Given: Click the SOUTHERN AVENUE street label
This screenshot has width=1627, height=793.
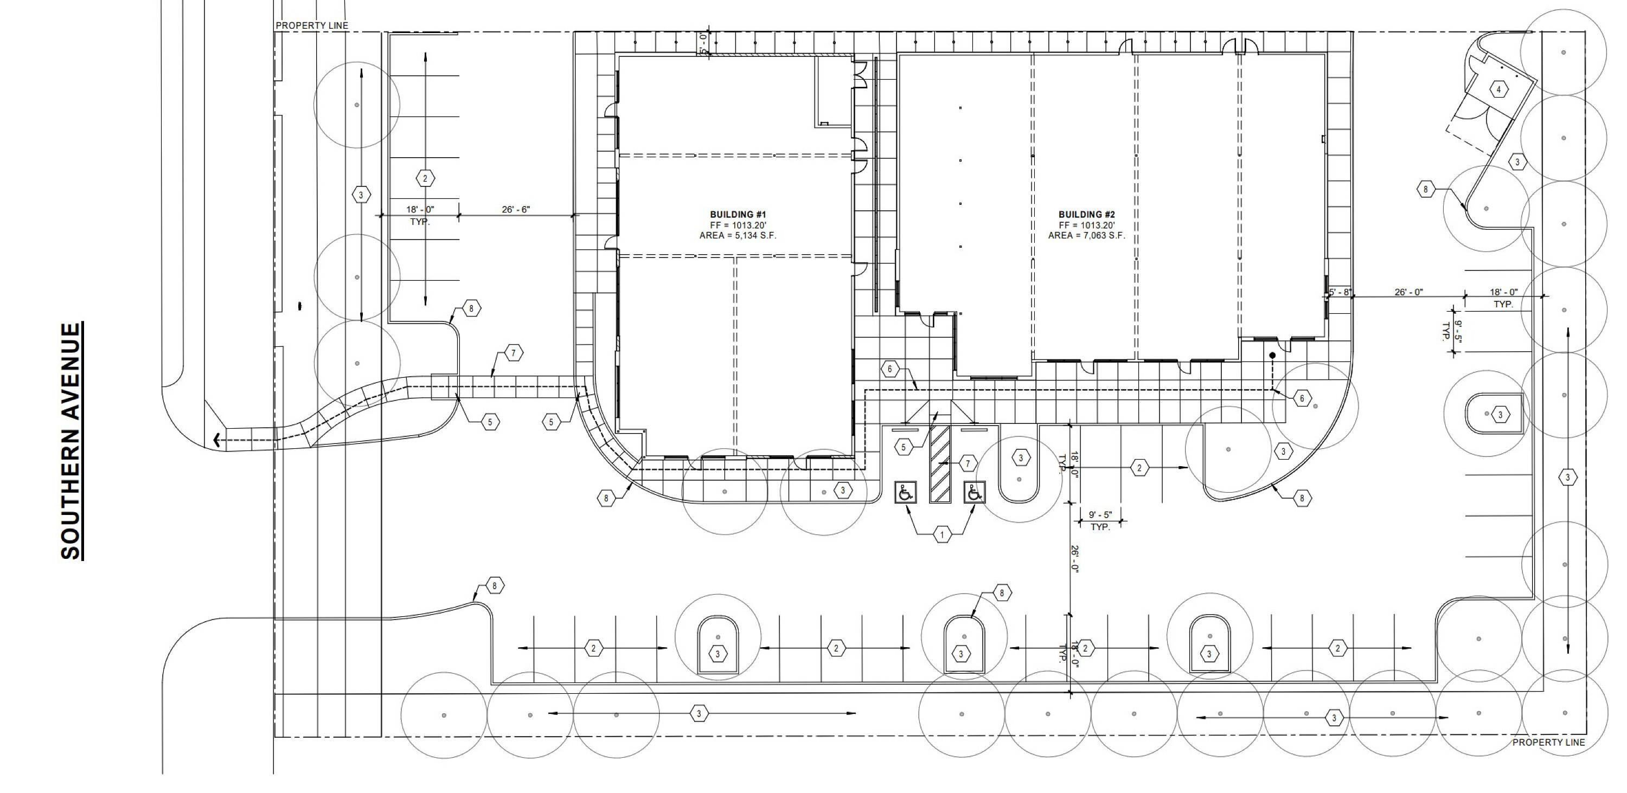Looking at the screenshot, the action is tap(72, 441).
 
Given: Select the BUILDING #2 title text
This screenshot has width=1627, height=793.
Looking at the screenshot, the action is tap(1086, 215).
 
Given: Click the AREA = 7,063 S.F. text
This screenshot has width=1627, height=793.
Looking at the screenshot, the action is tap(1086, 235).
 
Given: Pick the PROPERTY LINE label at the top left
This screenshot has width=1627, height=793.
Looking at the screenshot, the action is tap(312, 26).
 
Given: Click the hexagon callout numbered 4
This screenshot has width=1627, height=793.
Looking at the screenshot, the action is tap(1498, 89).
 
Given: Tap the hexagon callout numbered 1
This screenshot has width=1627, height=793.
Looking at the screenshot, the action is tap(941, 535).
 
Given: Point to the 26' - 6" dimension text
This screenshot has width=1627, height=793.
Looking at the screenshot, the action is tap(515, 210).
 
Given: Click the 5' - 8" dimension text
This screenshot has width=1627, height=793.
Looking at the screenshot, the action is tap(1339, 292).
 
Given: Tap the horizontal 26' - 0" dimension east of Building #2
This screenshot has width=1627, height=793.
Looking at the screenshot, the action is tap(1408, 292).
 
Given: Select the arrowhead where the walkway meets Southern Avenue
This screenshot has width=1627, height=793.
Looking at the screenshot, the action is tap(217, 440).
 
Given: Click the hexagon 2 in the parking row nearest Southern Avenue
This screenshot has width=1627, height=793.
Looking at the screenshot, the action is tap(425, 179).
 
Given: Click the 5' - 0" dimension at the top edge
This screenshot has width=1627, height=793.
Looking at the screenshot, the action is tap(703, 43).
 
